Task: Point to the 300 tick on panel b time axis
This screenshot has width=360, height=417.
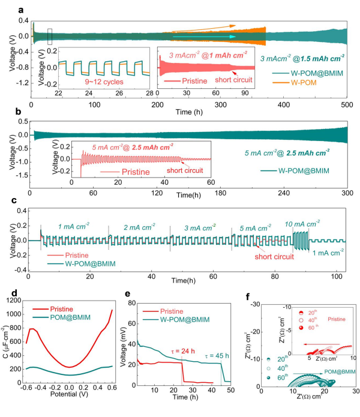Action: tap(347, 193)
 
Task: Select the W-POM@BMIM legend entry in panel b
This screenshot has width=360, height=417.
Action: tap(301, 171)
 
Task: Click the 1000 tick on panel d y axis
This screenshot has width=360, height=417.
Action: tap(28, 313)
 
